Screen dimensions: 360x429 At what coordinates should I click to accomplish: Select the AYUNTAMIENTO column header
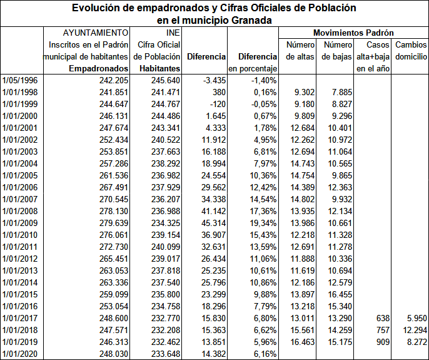pyautogui.click(x=96, y=32)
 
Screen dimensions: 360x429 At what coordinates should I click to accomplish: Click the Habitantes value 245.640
pyautogui.click(x=166, y=80)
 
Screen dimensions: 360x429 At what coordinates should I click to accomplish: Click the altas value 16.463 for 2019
pyautogui.click(x=303, y=342)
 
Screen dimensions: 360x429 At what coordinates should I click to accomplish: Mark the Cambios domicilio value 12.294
pyautogui.click(x=412, y=331)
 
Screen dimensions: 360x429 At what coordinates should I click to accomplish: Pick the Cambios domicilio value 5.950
pyautogui.click(x=415, y=319)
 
